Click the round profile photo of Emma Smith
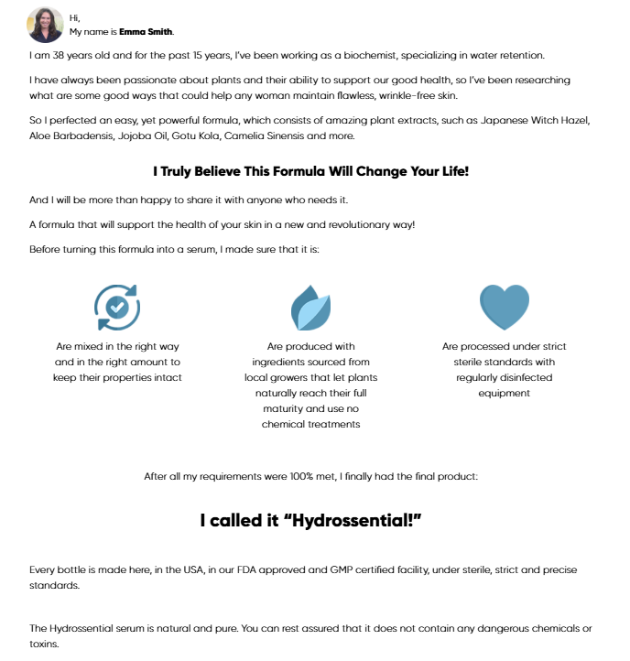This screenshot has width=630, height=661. pos(46,25)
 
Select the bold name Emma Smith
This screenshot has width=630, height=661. pos(146,32)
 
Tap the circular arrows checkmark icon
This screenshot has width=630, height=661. pos(117,307)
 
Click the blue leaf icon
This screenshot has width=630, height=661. pos(310,308)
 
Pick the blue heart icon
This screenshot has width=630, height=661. pos(504,307)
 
